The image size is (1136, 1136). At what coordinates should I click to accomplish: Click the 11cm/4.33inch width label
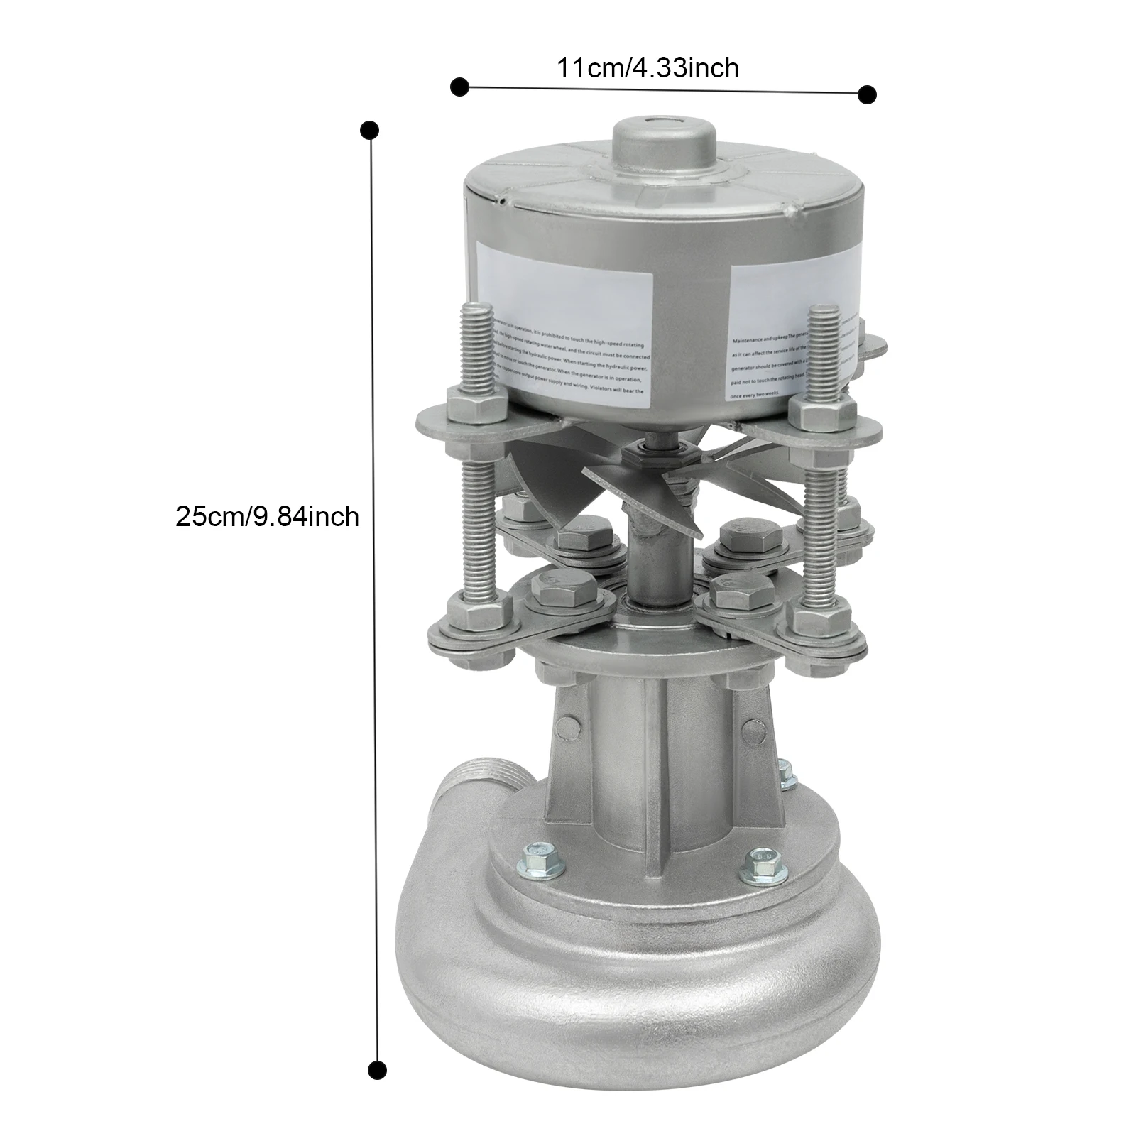647,68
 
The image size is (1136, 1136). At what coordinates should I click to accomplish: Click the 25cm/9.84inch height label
267,516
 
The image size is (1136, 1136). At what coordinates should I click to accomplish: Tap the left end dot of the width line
460,87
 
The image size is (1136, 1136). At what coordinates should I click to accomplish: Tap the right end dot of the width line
867,94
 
